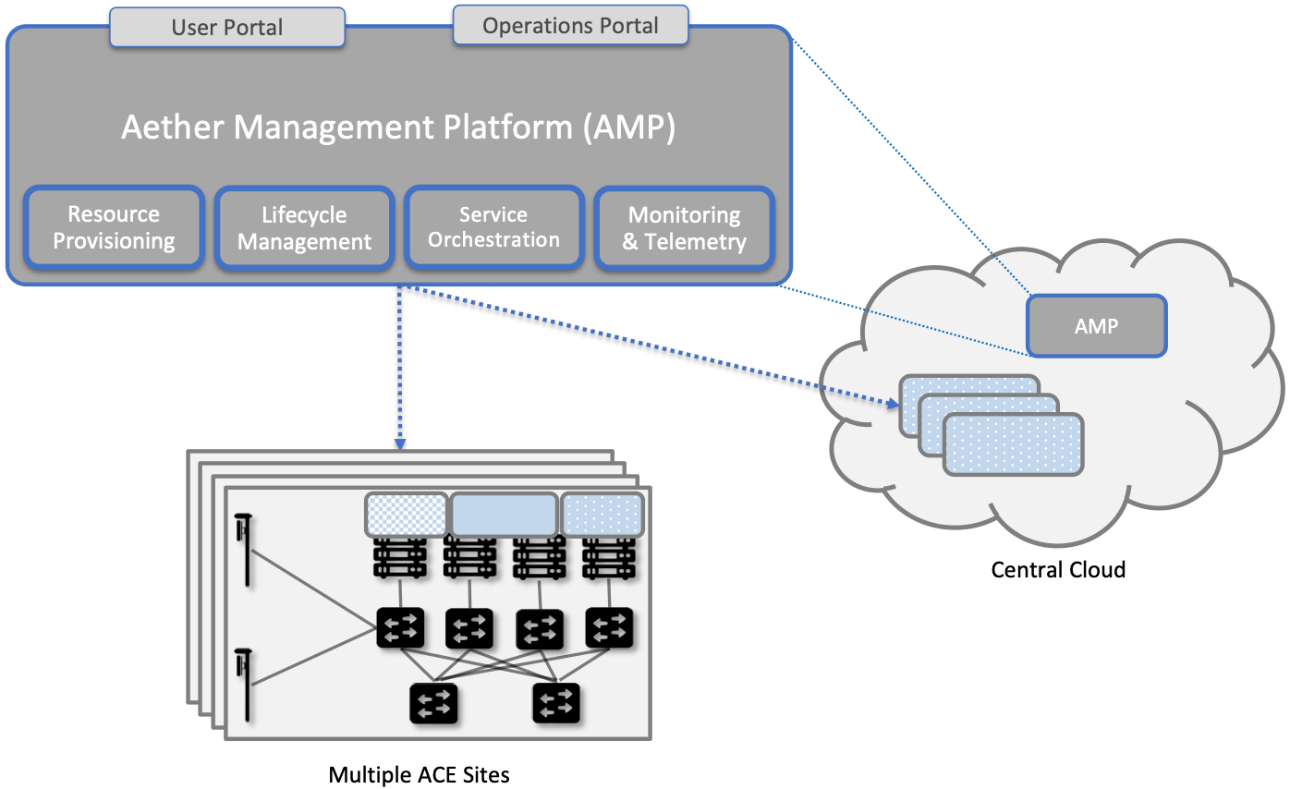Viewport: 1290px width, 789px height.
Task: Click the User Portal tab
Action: (x=226, y=28)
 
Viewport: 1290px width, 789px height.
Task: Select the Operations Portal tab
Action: (x=570, y=26)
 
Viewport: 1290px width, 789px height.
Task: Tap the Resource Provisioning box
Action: (x=114, y=228)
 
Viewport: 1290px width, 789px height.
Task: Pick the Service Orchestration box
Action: (x=494, y=228)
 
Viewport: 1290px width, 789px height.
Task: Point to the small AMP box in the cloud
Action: (x=1096, y=326)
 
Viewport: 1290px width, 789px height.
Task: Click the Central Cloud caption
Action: (x=1058, y=569)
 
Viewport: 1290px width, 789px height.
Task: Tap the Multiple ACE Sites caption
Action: (x=419, y=774)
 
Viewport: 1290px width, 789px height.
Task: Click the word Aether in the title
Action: (x=173, y=127)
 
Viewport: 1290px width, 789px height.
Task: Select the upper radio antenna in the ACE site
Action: (x=246, y=551)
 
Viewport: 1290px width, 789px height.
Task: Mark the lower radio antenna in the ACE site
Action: (x=246, y=685)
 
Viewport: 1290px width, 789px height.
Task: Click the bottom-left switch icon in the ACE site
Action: (x=433, y=704)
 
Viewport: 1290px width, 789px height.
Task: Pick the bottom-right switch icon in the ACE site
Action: (x=556, y=704)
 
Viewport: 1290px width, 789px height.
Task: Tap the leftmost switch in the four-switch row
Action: (x=400, y=628)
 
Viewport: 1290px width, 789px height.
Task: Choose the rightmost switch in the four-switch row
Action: (x=609, y=628)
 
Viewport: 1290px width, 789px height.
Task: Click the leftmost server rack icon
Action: (x=399, y=557)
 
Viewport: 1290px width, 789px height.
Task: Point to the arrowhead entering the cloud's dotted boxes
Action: (x=894, y=404)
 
